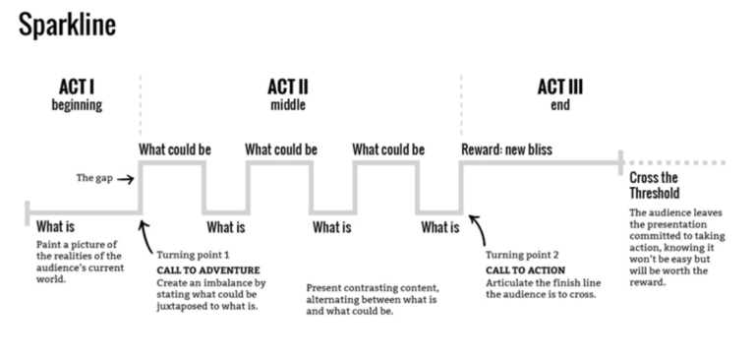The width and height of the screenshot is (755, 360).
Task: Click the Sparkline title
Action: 67,25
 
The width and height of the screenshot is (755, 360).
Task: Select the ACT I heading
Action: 77,88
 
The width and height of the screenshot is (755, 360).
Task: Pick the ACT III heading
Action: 560,88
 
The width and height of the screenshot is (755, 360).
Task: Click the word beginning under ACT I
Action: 77,105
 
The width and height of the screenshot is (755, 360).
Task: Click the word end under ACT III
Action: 560,105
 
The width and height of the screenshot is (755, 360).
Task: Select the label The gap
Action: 94,179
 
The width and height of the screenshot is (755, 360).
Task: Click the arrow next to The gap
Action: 125,180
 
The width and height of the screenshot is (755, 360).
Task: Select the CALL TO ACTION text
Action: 525,270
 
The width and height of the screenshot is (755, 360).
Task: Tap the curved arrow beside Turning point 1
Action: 146,237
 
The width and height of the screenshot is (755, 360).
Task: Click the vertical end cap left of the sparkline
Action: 28,211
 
